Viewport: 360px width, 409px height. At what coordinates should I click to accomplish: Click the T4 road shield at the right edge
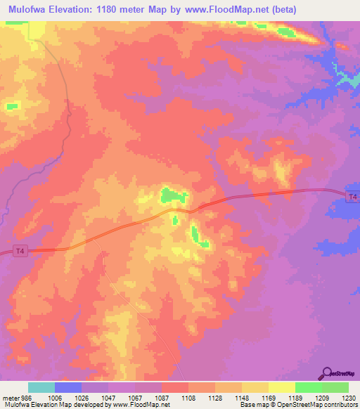352,196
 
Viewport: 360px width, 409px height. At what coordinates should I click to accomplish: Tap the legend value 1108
188,398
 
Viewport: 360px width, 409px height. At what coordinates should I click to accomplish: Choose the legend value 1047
108,398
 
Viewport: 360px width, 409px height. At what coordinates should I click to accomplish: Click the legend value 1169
269,398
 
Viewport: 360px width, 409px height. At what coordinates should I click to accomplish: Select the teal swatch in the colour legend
41,387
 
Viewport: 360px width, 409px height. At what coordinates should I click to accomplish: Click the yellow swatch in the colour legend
282,387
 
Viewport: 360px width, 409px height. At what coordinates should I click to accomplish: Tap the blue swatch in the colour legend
68,387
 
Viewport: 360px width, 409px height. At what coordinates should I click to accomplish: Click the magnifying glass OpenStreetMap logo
328,373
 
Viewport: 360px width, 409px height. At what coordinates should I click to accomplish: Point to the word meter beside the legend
10,398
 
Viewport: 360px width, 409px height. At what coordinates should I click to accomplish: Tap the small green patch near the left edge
12,106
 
